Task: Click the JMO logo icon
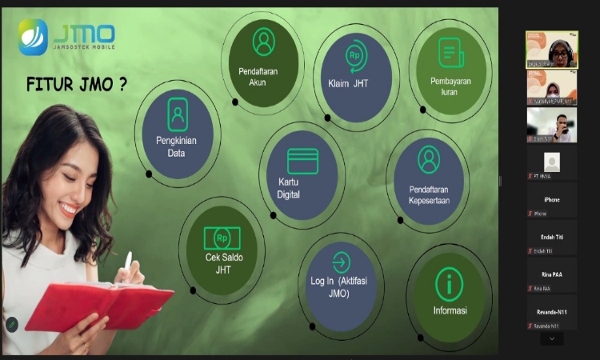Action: [x=34, y=36]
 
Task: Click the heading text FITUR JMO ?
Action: [x=77, y=85]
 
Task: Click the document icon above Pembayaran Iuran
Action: [x=451, y=53]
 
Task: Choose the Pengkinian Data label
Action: [x=177, y=146]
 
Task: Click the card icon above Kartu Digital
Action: [x=302, y=161]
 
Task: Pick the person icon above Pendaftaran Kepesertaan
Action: [x=429, y=160]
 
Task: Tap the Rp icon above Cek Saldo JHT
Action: [x=222, y=238]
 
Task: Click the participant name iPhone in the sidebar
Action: [x=551, y=200]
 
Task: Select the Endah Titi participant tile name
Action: [x=551, y=238]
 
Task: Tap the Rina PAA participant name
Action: [x=551, y=274]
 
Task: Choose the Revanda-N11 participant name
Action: [x=551, y=311]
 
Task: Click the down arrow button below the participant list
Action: [x=551, y=338]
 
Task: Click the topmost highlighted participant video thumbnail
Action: [x=551, y=50]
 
